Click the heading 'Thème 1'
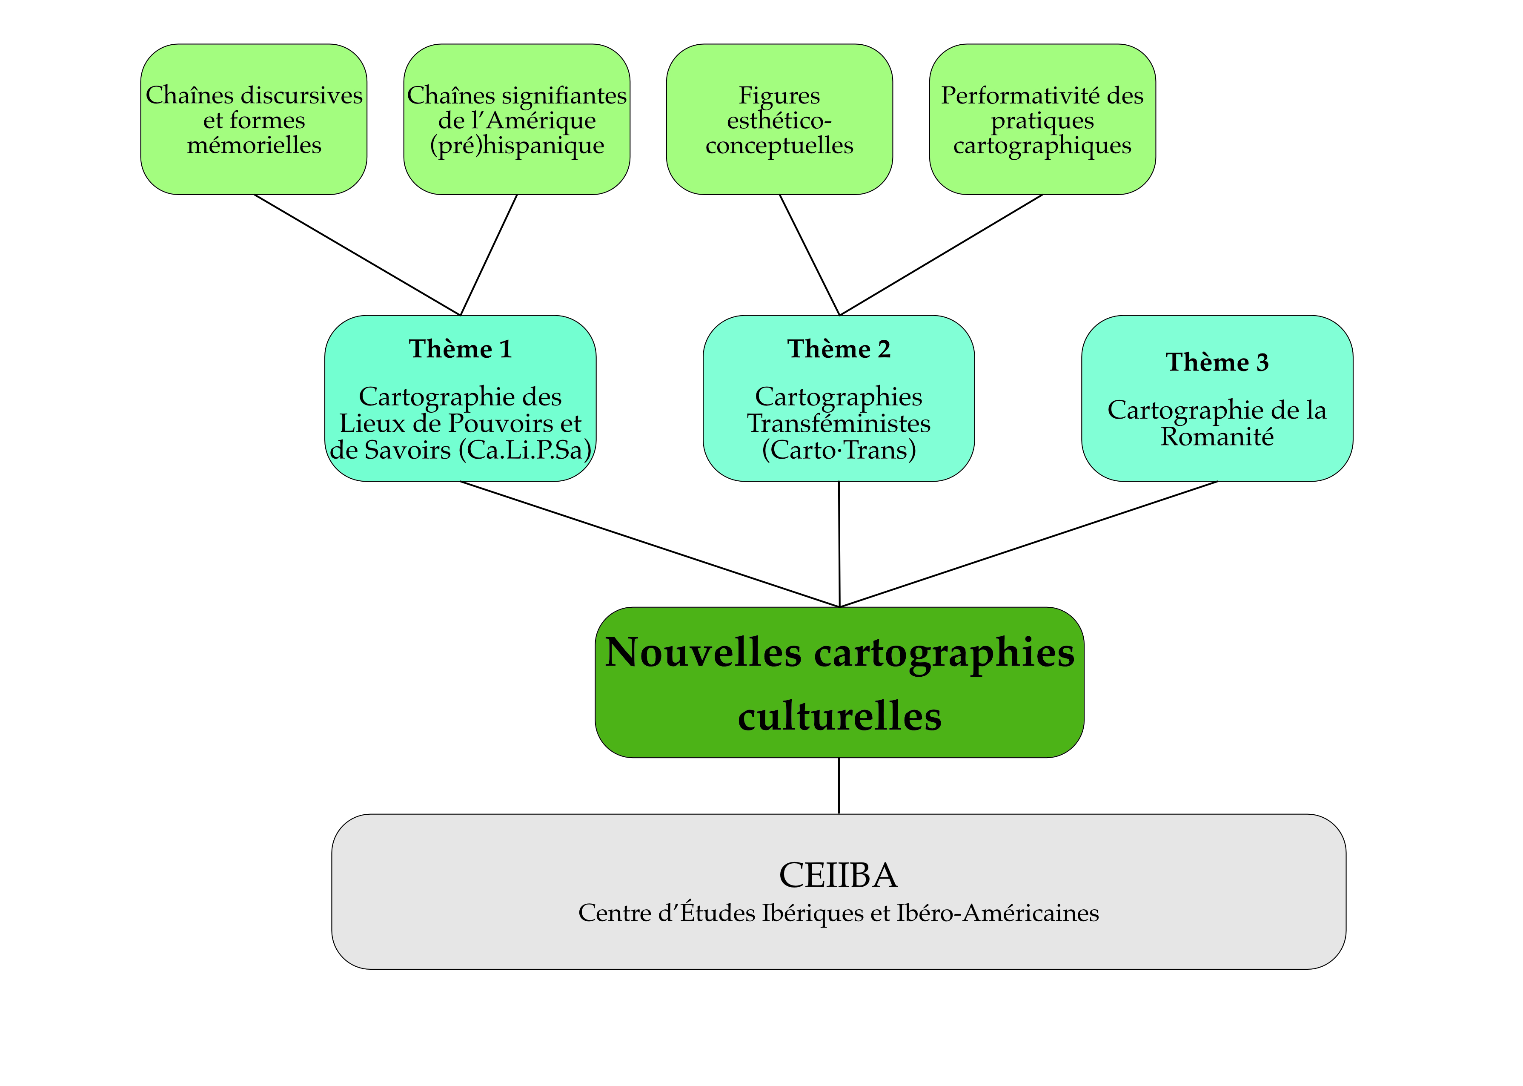click(x=461, y=349)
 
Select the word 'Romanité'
click(x=1217, y=437)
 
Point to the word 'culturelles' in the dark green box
click(x=839, y=717)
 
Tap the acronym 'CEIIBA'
click(x=838, y=875)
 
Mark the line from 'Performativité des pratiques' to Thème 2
click(x=941, y=255)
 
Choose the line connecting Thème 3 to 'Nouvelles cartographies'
click(x=1028, y=544)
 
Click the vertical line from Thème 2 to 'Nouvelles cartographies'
click(x=839, y=544)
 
